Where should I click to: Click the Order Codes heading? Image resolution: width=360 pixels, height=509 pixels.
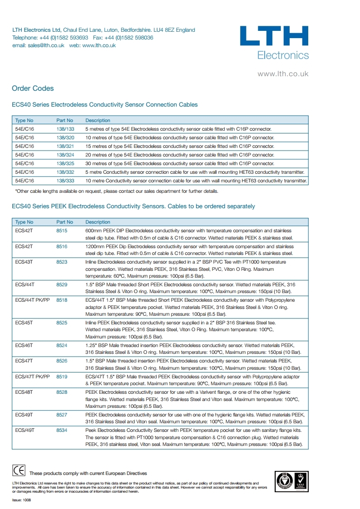click(x=33, y=88)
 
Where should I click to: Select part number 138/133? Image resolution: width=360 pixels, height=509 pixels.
click(x=65, y=129)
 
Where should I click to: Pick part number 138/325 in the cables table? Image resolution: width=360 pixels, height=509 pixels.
click(x=65, y=163)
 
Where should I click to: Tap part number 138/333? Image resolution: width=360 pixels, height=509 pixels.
click(x=65, y=181)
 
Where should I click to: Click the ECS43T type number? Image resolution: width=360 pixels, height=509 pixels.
click(x=24, y=262)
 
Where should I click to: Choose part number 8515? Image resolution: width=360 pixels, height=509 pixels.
click(x=62, y=231)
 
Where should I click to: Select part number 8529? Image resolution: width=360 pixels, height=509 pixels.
click(x=62, y=284)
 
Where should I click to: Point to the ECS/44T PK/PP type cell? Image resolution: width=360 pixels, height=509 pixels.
click(x=32, y=300)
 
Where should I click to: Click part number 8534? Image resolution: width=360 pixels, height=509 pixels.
click(x=62, y=430)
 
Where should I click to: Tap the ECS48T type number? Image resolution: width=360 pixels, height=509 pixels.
click(x=24, y=392)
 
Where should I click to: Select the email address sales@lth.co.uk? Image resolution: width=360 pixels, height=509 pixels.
click(x=46, y=45)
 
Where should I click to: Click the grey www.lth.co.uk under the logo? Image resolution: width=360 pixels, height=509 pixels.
click(x=283, y=73)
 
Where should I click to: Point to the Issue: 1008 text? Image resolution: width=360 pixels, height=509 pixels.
click(x=21, y=500)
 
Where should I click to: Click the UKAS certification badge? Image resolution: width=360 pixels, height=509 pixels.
click(x=300, y=480)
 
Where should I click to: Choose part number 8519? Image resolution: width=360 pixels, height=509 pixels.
click(x=62, y=377)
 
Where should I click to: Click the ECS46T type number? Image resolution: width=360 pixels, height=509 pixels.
click(x=24, y=345)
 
